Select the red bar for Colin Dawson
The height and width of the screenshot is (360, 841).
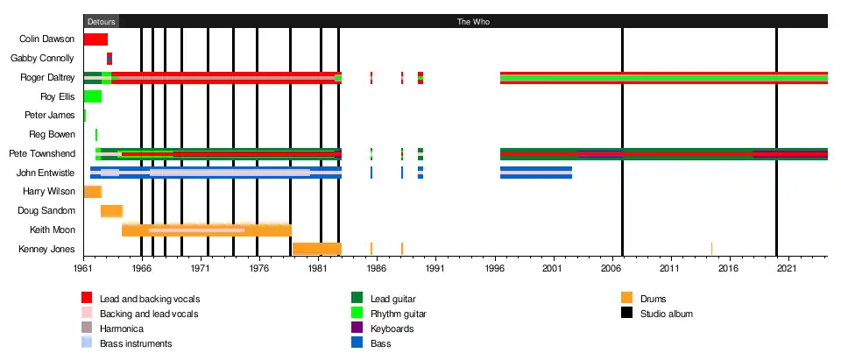pyautogui.click(x=95, y=39)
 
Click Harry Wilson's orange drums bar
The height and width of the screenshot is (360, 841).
pyautogui.click(x=92, y=192)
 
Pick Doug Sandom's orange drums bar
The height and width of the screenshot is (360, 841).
pyautogui.click(x=111, y=210)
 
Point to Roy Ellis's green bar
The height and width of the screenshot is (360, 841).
pyautogui.click(x=93, y=96)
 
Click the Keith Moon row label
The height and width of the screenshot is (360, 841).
pyautogui.click(x=51, y=229)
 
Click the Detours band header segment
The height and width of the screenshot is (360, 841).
pyautogui.click(x=101, y=21)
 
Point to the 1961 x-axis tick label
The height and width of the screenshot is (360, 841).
pyautogui.click(x=83, y=270)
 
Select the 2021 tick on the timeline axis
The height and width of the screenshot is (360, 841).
pyautogui.click(x=787, y=270)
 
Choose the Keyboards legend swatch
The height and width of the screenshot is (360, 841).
pyautogui.click(x=357, y=328)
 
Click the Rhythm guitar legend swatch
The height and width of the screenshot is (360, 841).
pyautogui.click(x=357, y=313)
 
